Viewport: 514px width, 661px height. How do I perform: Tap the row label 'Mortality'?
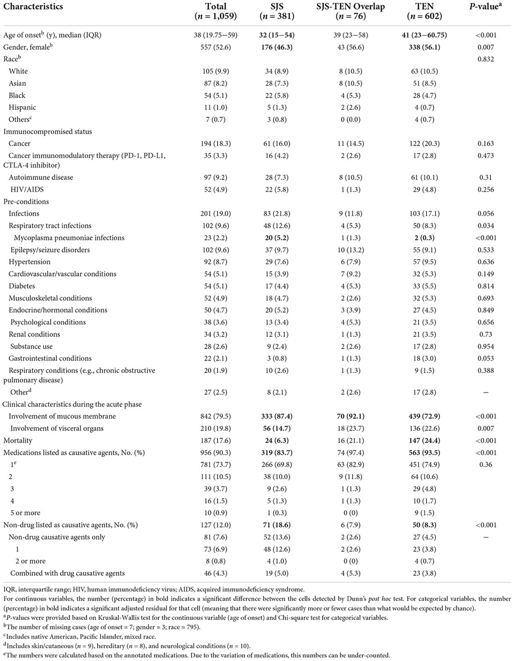click(18, 440)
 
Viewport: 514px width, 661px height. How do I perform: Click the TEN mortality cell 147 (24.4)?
click(424, 440)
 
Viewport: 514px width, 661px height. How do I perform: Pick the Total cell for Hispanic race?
click(216, 107)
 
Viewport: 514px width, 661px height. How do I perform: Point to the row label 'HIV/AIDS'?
click(27, 190)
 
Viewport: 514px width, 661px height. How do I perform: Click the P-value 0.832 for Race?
click(485, 59)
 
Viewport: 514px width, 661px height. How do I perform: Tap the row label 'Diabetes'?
click(22, 286)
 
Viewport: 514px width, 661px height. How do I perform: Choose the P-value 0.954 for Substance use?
click(485, 346)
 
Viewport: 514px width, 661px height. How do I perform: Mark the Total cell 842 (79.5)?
click(216, 416)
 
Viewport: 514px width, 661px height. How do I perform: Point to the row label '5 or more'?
click(24, 513)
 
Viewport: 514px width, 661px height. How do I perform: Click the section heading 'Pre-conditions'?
click(26, 202)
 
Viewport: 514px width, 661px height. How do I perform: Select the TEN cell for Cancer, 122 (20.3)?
click(424, 144)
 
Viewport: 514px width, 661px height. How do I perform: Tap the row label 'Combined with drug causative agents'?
click(67, 573)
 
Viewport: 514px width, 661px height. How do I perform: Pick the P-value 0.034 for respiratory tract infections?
click(485, 226)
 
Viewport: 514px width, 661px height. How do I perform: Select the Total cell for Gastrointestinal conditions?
click(216, 358)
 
